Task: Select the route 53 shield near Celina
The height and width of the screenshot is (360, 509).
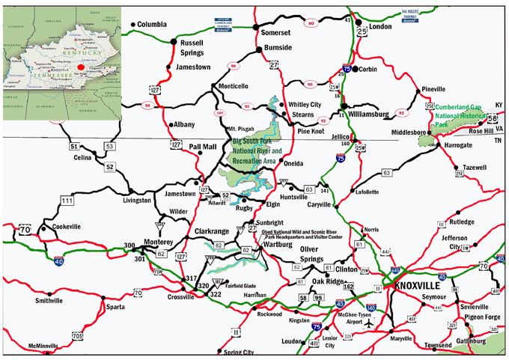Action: click(110, 146)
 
